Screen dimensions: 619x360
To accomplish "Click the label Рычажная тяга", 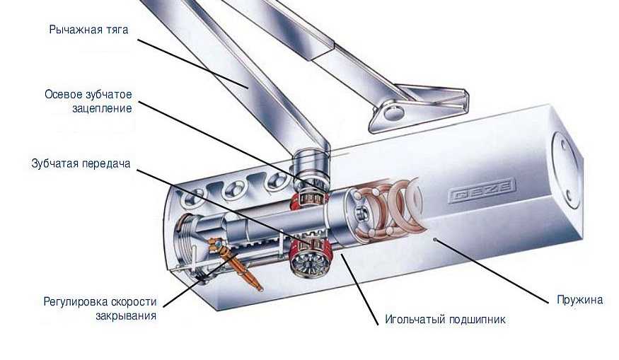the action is click(89, 30).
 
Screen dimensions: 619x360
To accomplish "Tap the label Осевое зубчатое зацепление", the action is click(88, 101).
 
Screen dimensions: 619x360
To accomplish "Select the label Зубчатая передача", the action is click(81, 163).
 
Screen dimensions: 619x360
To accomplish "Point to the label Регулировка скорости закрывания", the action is click(100, 308).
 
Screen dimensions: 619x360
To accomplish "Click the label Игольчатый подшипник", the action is click(445, 320).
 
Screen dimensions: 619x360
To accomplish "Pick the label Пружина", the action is click(580, 300).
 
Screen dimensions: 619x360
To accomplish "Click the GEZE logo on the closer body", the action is click(482, 192).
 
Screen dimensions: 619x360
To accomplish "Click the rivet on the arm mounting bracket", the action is click(393, 112).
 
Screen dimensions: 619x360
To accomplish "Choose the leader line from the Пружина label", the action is click(491, 271).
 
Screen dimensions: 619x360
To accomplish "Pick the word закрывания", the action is click(126, 316).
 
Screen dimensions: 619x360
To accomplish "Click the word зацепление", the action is click(102, 108).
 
